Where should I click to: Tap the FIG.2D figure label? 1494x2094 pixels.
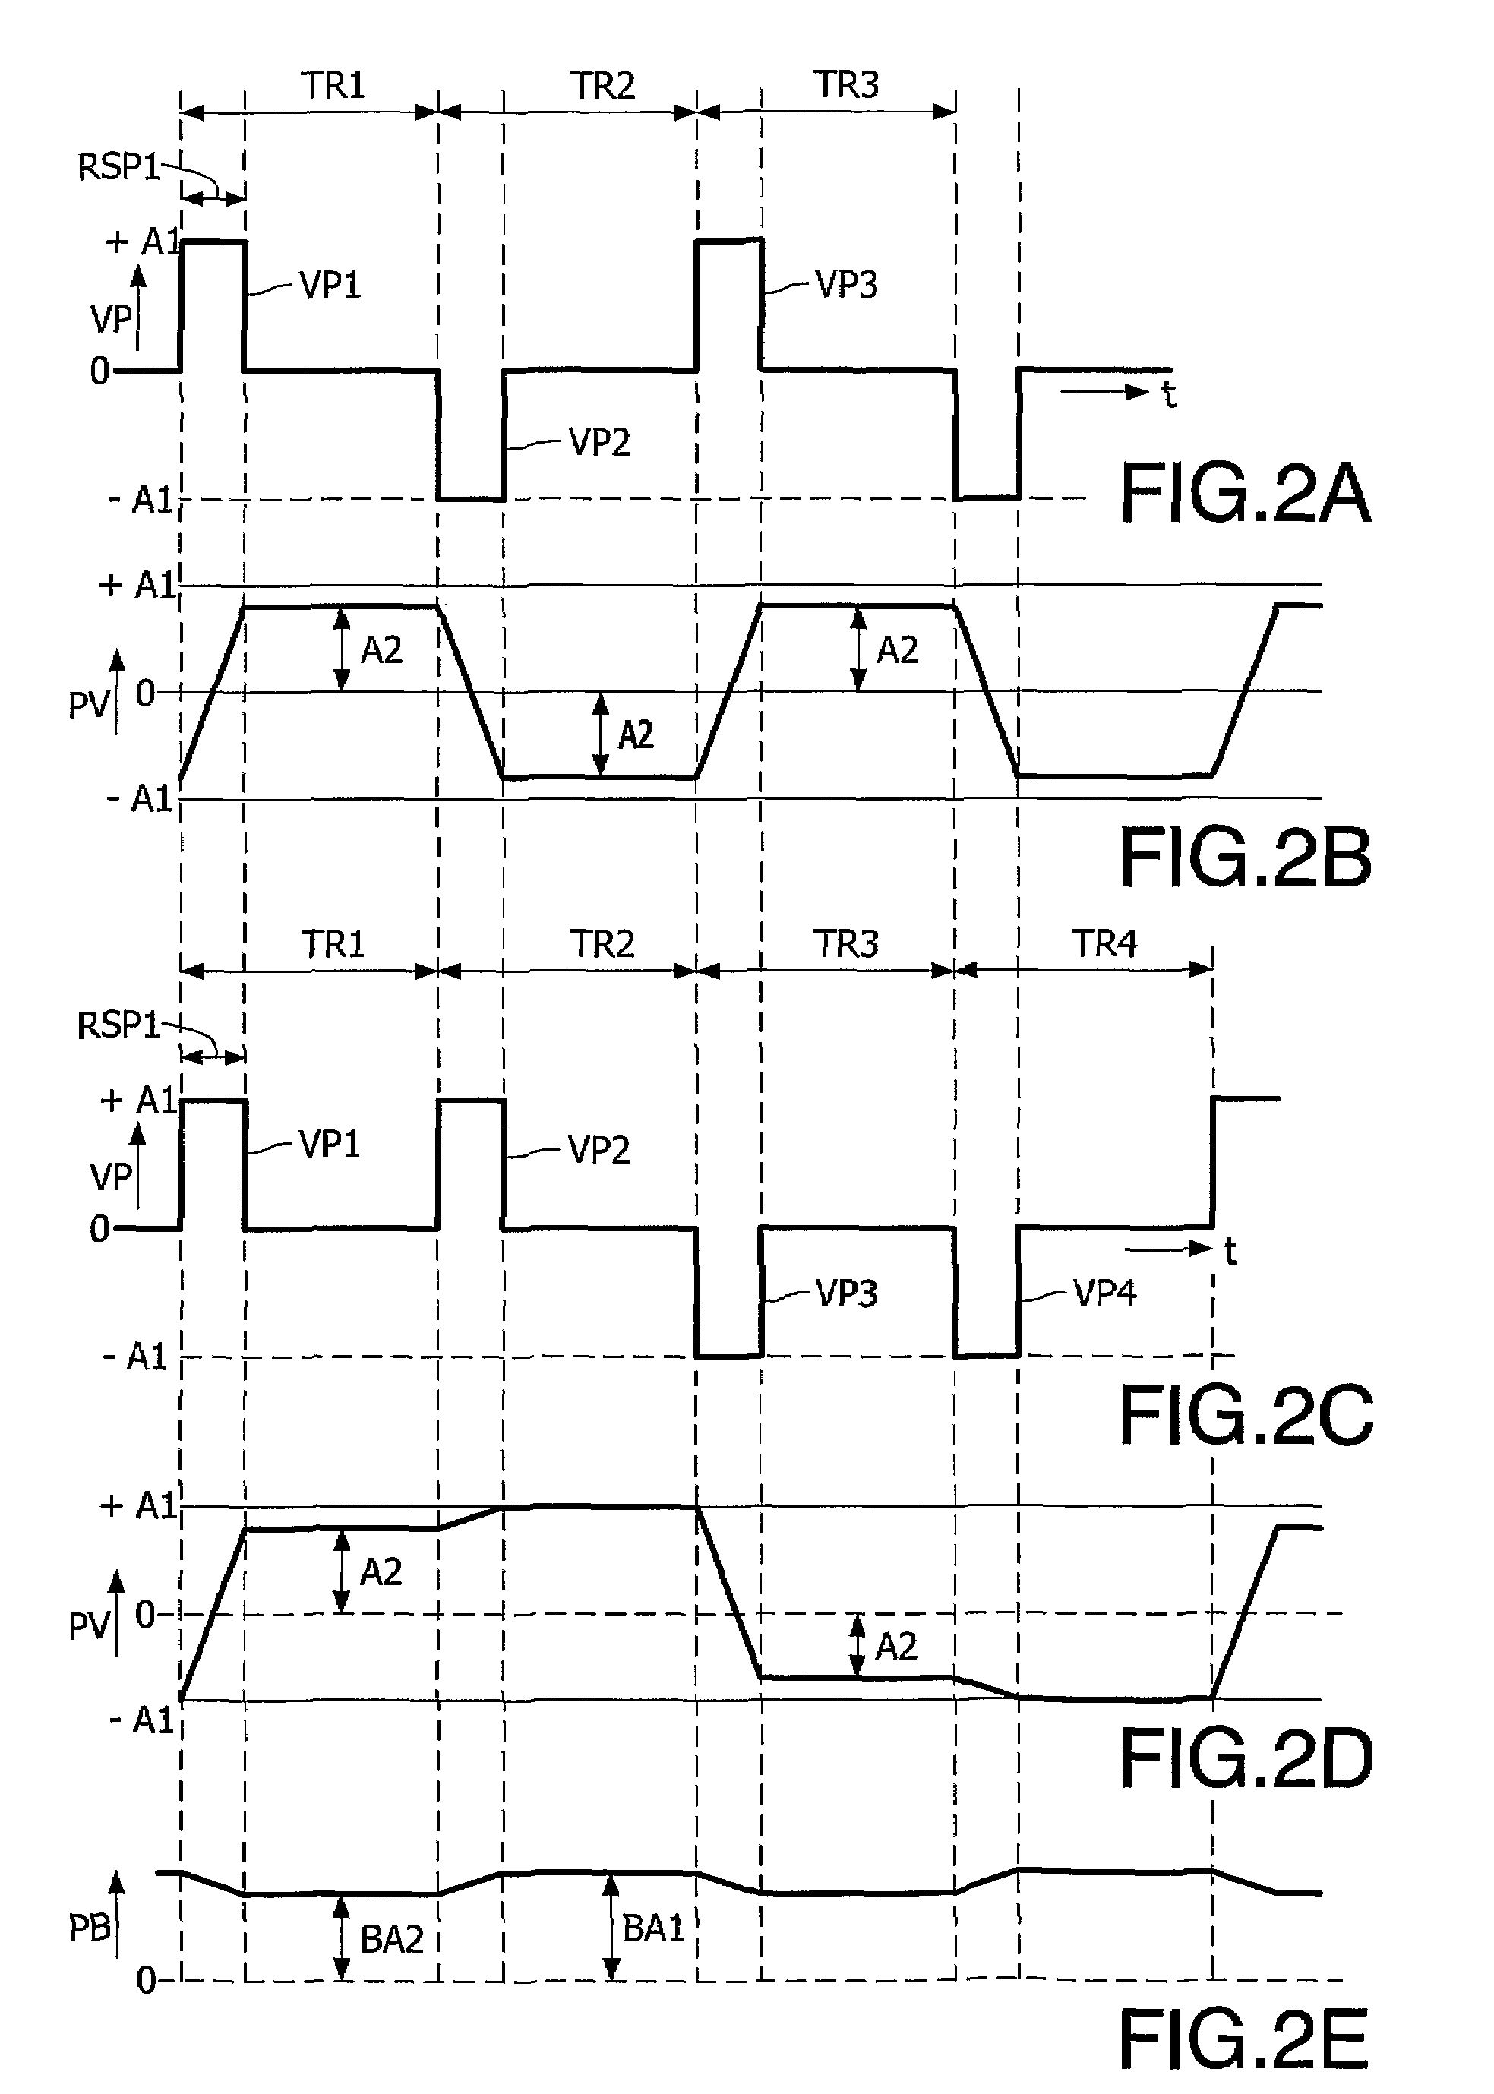(1245, 1759)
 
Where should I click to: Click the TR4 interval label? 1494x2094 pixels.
(1103, 944)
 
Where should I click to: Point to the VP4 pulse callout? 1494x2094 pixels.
(1104, 1293)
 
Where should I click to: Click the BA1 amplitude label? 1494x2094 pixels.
(653, 1928)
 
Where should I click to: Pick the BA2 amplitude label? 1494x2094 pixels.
(391, 1939)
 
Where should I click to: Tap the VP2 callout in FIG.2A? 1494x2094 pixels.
(599, 443)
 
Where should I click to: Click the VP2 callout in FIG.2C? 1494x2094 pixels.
(599, 1149)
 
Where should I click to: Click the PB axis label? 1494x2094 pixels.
(89, 1928)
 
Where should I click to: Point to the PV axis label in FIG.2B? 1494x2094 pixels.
(88, 706)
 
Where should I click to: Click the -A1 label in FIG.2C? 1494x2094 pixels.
(135, 1357)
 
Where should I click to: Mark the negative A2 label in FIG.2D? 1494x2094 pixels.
(895, 1646)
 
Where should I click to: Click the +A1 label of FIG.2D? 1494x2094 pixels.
(138, 1506)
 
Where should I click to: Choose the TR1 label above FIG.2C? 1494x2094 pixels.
(333, 944)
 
